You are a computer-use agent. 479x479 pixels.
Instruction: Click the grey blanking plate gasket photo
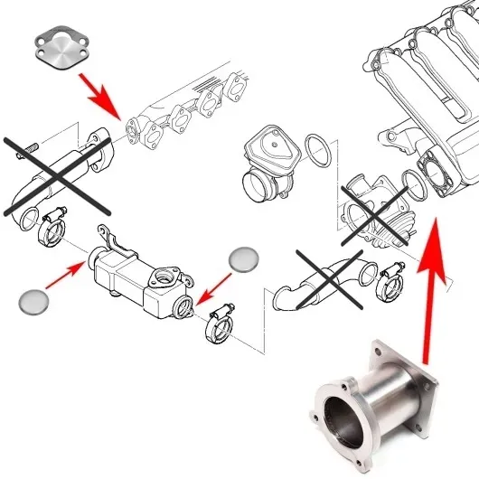click(64, 48)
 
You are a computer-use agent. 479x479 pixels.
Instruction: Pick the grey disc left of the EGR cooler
click(34, 301)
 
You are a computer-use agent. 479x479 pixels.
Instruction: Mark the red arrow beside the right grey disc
click(210, 287)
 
